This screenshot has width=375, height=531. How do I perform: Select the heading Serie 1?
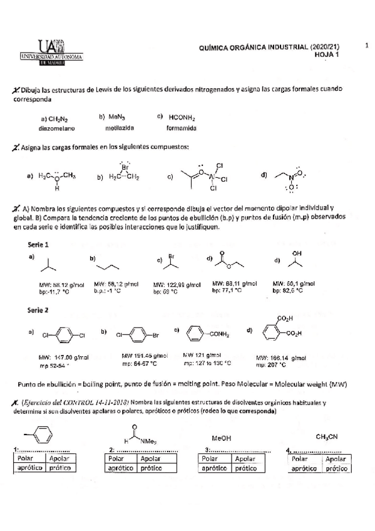[39, 244]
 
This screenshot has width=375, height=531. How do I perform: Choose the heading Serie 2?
[39, 310]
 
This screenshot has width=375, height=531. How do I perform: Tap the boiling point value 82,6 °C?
[293, 291]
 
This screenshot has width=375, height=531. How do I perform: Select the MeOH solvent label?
[222, 438]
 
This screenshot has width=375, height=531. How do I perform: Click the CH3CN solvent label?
[327, 436]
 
